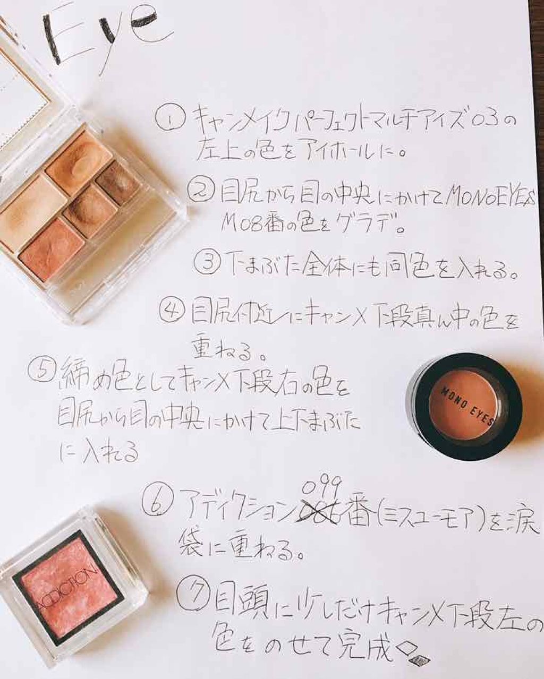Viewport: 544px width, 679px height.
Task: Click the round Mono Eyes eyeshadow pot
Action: click(x=464, y=406)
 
